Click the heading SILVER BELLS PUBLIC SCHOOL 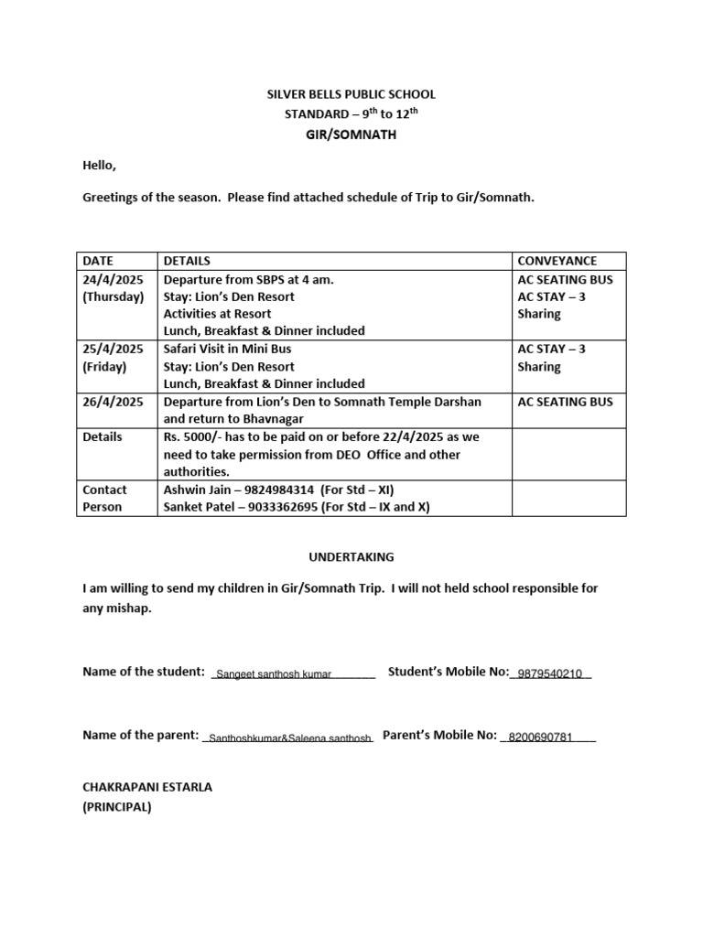pos(351,94)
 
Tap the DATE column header pos(98,261)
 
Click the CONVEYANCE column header pos(557,261)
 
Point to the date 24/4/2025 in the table pos(113,279)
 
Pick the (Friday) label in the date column pos(104,366)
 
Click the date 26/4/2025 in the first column pos(113,402)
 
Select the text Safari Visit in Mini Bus pos(227,349)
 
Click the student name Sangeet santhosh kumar pos(273,674)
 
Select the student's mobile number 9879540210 pos(549,674)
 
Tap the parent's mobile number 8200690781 pos(540,737)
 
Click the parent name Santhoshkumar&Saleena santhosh pos(289,738)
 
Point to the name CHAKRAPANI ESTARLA pos(147,787)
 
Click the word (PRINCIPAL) pos(117,807)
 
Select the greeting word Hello pos(100,166)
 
